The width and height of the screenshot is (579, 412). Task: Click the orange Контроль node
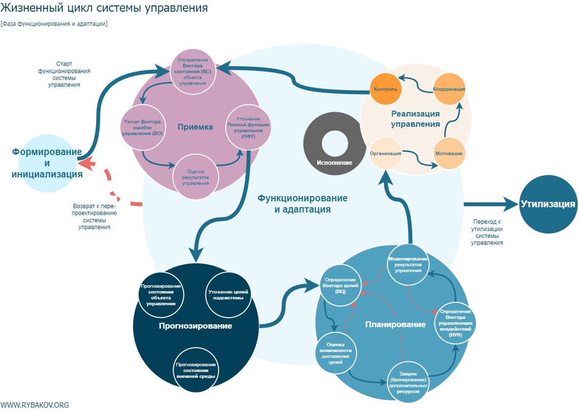(385, 89)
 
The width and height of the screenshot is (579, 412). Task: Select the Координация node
(449, 89)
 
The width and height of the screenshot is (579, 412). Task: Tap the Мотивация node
(449, 153)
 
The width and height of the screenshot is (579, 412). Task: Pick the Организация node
(385, 153)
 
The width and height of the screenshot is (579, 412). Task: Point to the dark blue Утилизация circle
(548, 204)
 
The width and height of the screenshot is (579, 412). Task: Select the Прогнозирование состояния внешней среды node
(196, 370)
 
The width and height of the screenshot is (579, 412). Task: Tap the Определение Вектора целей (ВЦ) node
(340, 285)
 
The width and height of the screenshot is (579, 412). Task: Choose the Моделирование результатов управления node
(408, 264)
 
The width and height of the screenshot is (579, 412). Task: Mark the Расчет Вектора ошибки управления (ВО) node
(143, 127)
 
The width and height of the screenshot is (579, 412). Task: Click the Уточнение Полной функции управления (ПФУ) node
(248, 127)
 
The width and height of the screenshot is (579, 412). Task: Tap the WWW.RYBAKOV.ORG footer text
(35, 405)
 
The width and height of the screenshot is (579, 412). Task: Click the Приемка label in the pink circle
(195, 127)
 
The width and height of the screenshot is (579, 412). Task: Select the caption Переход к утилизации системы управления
(487, 231)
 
